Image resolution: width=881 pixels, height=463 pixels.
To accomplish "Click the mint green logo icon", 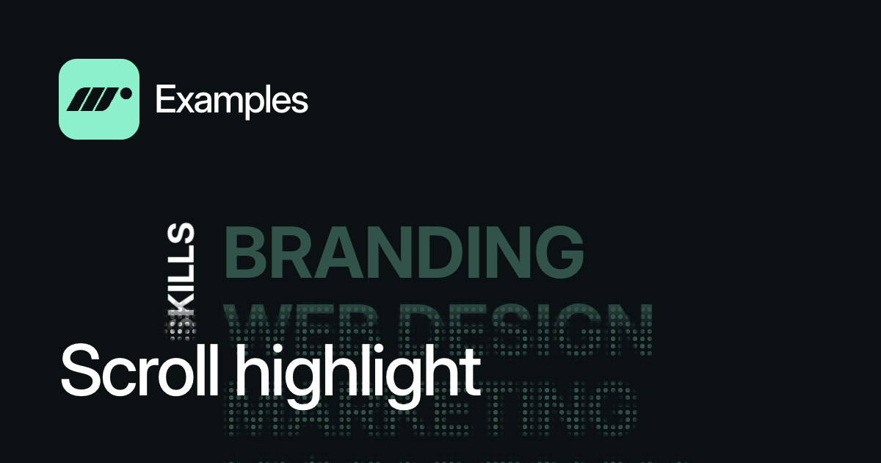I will click(x=99, y=99).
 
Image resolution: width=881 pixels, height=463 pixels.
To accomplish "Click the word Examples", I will click(x=231, y=100).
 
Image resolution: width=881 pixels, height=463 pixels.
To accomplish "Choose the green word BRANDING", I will click(x=404, y=253).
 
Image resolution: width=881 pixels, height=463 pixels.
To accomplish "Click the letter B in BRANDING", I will click(x=244, y=253).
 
